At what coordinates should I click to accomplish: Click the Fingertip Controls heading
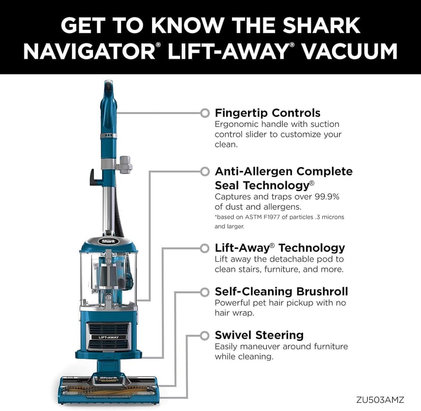pyautogui.click(x=267, y=113)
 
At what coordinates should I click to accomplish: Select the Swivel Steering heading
pyautogui.click(x=259, y=335)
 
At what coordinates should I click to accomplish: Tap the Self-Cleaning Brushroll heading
pyautogui.click(x=281, y=291)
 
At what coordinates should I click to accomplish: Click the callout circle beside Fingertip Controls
pyautogui.click(x=205, y=113)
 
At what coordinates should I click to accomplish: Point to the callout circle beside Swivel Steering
pyautogui.click(x=205, y=335)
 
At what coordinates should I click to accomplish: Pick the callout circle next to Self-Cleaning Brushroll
pyautogui.click(x=205, y=292)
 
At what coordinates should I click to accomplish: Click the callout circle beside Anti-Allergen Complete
pyautogui.click(x=205, y=171)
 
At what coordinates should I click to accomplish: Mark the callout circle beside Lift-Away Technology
pyautogui.click(x=205, y=248)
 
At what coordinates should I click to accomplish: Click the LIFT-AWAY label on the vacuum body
pyautogui.click(x=108, y=337)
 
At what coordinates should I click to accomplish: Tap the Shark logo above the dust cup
pyautogui.click(x=108, y=241)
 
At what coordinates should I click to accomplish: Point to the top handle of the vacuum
pyautogui.click(x=108, y=92)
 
